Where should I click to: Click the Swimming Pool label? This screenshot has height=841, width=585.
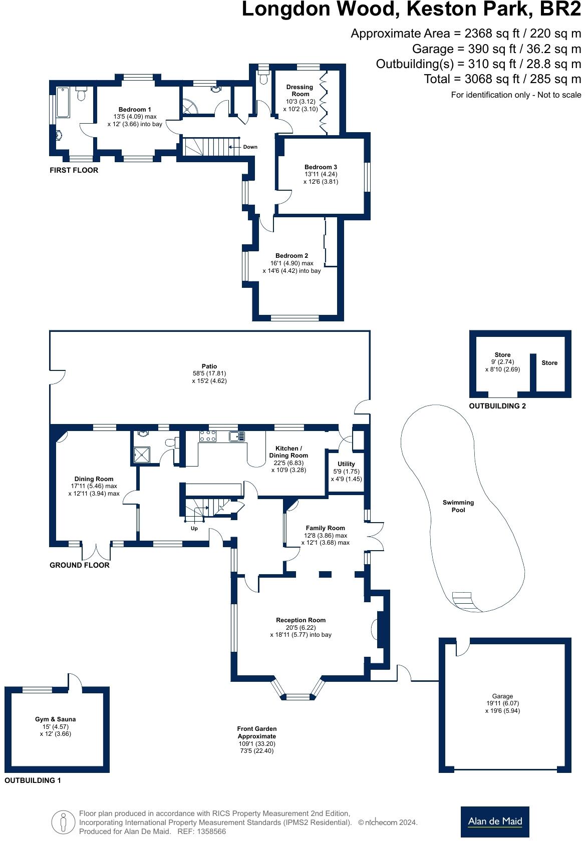pyautogui.click(x=458, y=506)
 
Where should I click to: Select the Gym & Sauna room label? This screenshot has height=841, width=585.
pyautogui.click(x=55, y=719)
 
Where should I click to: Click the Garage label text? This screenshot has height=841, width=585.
pyautogui.click(x=502, y=696)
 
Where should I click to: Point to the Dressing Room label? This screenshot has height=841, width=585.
pyautogui.click(x=300, y=90)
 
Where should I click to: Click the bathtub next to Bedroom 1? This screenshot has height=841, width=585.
pyautogui.click(x=63, y=103)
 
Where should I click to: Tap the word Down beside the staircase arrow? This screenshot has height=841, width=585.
pyautogui.click(x=250, y=147)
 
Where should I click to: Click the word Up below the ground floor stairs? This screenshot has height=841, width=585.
pyautogui.click(x=194, y=529)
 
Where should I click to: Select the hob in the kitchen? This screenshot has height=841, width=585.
pyautogui.click(x=207, y=436)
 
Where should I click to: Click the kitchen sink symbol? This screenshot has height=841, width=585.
pyautogui.click(x=236, y=437)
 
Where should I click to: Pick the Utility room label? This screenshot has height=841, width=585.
pyautogui.click(x=346, y=464)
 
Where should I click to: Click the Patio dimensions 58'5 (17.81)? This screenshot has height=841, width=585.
pyautogui.click(x=209, y=373)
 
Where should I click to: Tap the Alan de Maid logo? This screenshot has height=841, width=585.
pyautogui.click(x=494, y=821)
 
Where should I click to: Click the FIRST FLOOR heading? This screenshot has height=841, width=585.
pyautogui.click(x=74, y=170)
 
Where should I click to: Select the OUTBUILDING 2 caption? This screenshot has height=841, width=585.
pyautogui.click(x=497, y=406)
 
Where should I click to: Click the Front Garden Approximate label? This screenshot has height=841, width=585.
pyautogui.click(x=256, y=732)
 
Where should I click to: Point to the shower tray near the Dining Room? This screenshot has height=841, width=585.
pyautogui.click(x=144, y=454)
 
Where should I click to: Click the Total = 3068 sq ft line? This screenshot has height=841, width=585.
pyautogui.click(x=502, y=79)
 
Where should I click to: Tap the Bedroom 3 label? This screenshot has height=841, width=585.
pyautogui.click(x=321, y=167)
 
